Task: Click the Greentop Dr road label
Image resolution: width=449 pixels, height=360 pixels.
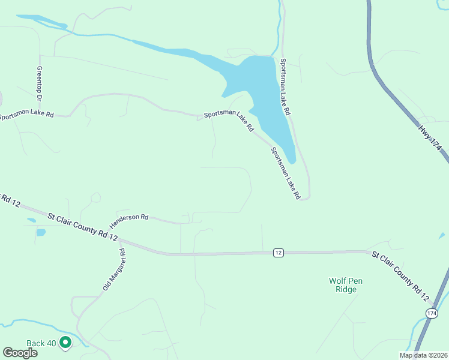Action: (40, 83)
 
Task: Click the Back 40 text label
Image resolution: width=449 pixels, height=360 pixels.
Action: (41, 343)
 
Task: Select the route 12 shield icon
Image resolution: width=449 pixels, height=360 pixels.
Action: (278, 253)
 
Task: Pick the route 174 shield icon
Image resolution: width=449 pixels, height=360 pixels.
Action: (432, 313)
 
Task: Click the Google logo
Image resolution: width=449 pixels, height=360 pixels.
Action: (20, 353)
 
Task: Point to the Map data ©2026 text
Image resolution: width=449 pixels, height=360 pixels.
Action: (423, 355)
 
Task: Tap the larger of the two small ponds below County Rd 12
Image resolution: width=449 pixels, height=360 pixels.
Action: (41, 232)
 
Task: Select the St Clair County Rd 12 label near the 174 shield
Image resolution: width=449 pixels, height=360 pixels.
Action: (400, 276)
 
